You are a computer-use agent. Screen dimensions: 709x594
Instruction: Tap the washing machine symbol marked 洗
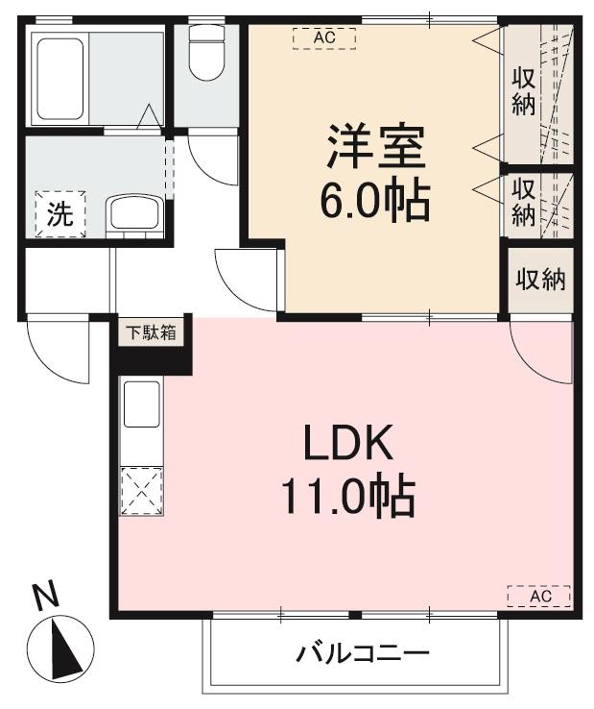coord(60,214)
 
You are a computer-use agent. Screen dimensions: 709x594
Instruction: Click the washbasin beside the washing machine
coord(133,212)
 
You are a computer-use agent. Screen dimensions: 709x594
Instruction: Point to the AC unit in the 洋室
coord(324,37)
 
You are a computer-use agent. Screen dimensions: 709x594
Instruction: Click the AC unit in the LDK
coord(539,596)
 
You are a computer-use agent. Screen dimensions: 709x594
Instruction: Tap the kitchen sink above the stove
coord(142,403)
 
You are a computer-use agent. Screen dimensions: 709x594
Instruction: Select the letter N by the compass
coord(44,599)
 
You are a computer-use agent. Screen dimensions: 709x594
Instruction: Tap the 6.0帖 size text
coord(374,201)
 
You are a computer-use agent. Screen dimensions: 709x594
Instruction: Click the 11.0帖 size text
coord(347,497)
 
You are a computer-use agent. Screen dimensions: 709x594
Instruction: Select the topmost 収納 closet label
coord(522,91)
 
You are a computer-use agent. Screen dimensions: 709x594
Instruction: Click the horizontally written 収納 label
coord(540,280)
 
